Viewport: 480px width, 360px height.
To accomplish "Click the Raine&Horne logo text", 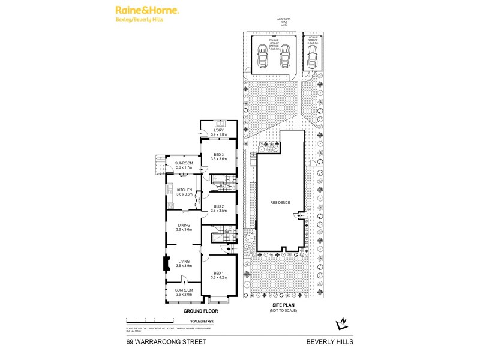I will [146, 11].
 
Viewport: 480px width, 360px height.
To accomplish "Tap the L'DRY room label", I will [219, 130].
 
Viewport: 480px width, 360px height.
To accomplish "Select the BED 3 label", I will [219, 154].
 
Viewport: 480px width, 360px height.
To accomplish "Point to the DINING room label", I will [184, 225].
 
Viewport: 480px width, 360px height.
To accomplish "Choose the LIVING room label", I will [184, 261].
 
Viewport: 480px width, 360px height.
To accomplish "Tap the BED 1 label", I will [219, 273].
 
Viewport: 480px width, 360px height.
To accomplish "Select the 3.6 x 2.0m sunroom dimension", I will [184, 294].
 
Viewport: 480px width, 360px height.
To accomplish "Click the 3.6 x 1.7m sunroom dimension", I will [184, 167].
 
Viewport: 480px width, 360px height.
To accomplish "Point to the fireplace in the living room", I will [165, 264].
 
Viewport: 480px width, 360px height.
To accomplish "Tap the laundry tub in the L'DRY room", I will [219, 122].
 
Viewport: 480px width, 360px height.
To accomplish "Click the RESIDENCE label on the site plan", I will [280, 202].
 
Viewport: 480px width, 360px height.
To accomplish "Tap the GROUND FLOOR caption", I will [200, 311].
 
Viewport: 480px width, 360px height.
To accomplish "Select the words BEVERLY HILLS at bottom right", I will [330, 341].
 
